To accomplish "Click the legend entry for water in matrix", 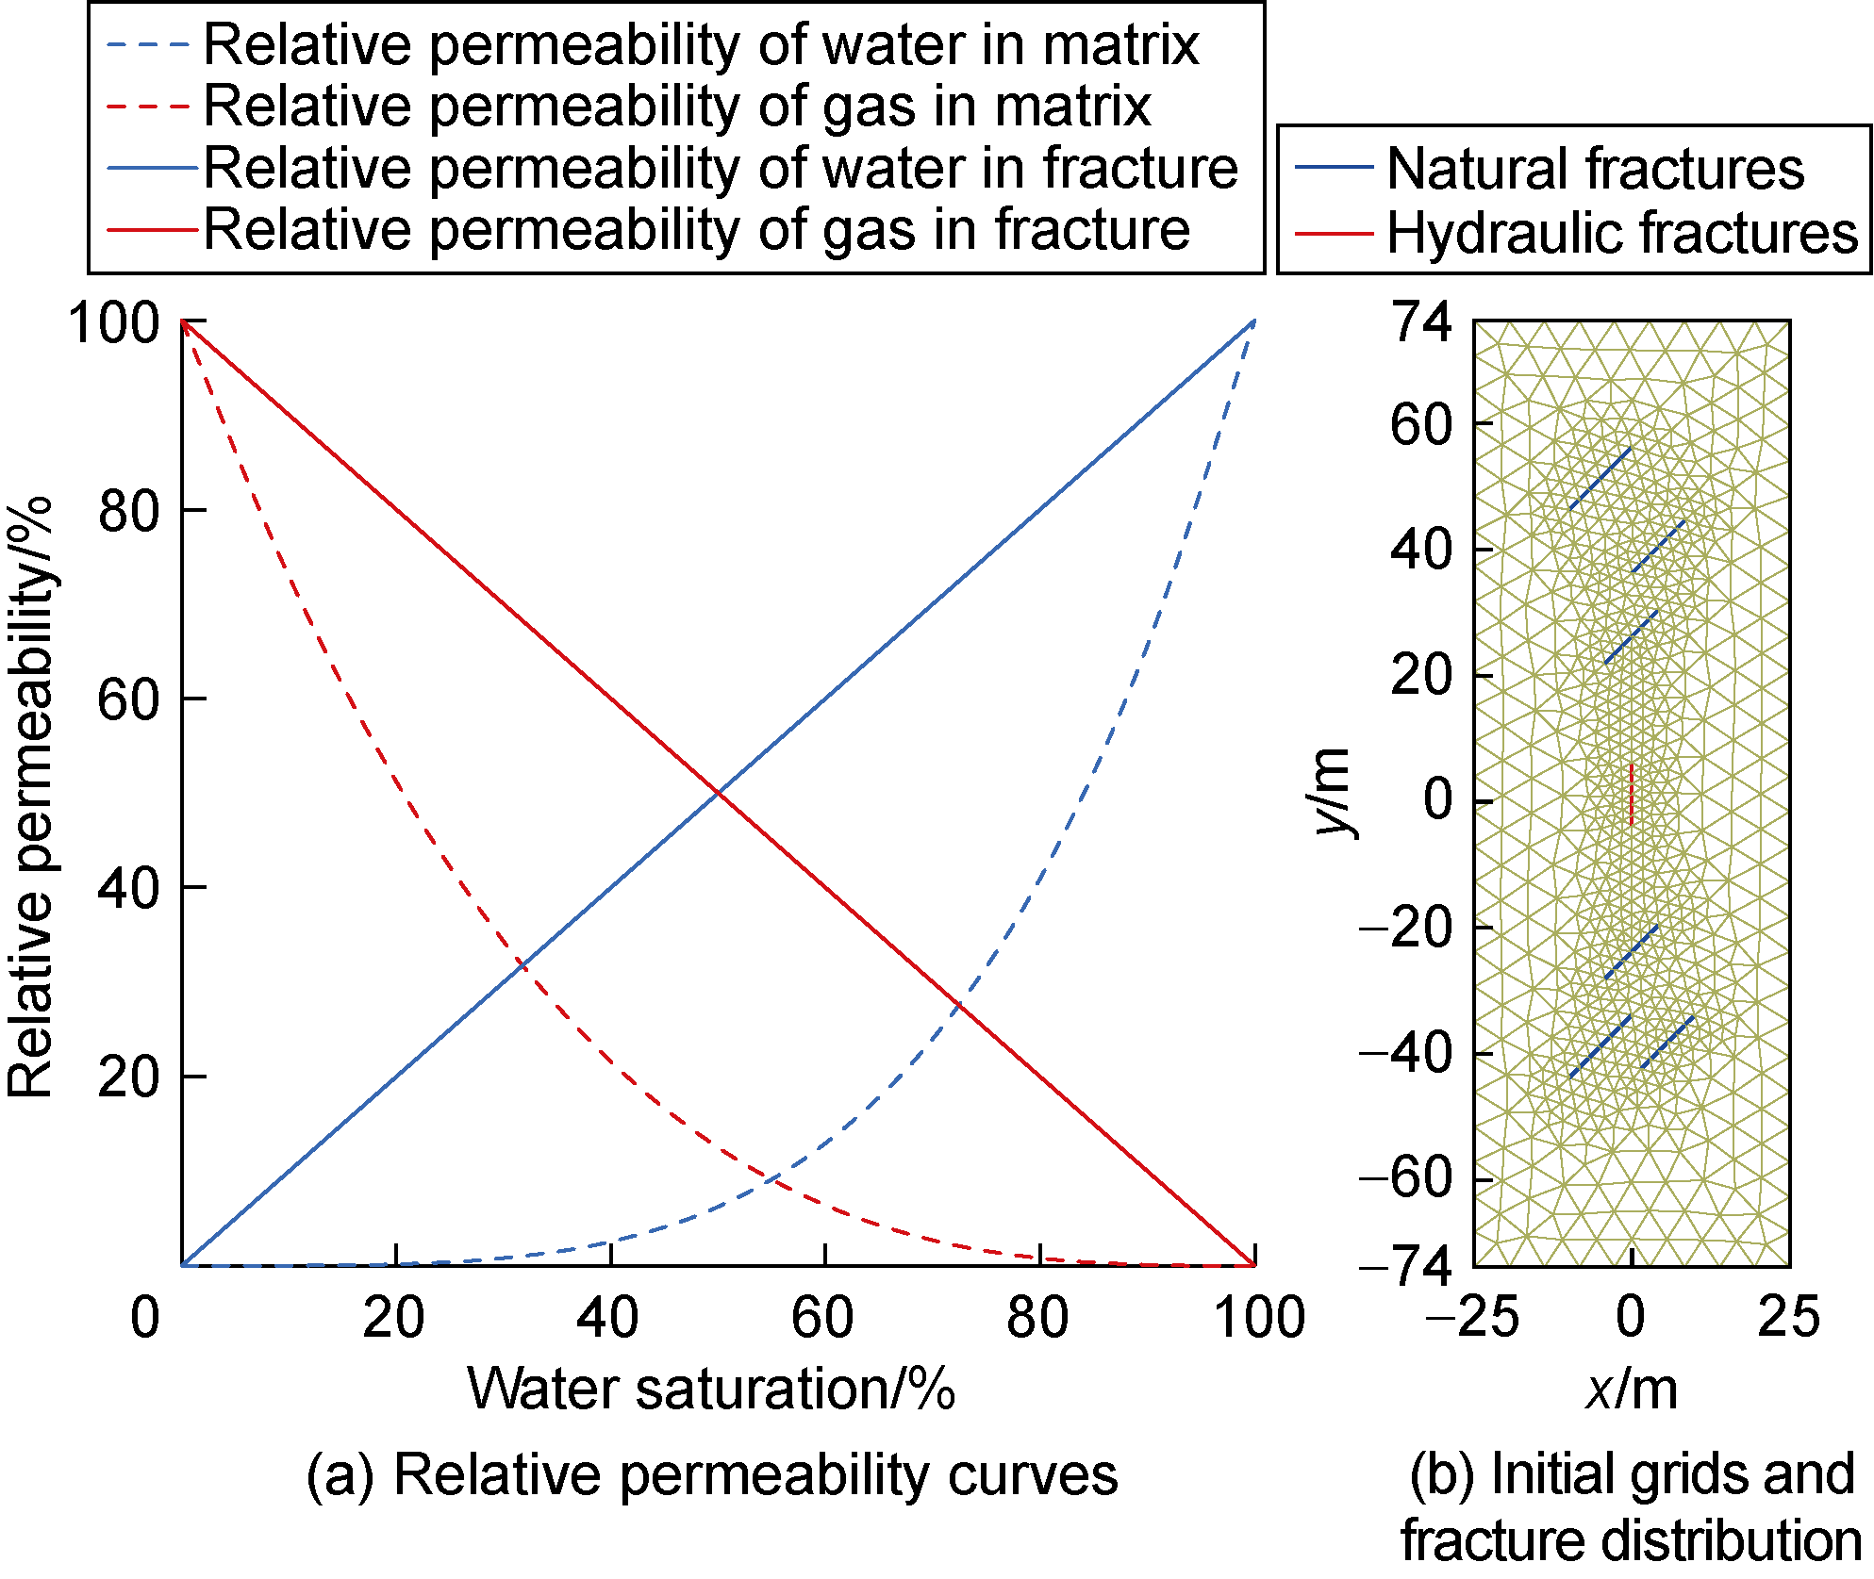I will tap(701, 44).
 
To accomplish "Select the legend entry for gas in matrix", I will tap(676, 106).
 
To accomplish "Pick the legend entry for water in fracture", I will tap(721, 168).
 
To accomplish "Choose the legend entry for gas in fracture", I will tap(696, 229).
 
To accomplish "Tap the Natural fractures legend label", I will tap(1595, 169).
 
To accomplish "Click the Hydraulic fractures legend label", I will tap(1622, 232).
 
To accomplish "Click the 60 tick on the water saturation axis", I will tap(822, 1317).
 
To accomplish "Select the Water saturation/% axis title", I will tap(711, 1389).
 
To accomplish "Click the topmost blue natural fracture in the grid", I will tap(1600, 478).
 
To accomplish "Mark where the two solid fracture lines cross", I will tap(719, 794).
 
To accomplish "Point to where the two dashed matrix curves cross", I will tap(771, 1178).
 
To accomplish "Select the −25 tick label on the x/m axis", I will tap(1472, 1317).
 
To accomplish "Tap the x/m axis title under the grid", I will tap(1632, 1389).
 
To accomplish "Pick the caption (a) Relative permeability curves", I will tap(712, 1474).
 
